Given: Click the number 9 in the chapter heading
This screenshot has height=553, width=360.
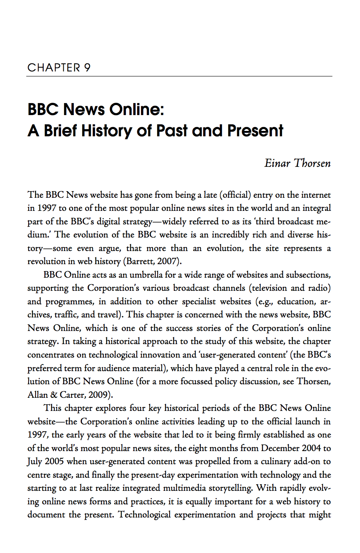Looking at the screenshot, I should point(87,68).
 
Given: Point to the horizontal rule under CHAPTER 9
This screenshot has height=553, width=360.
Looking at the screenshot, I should point(179,76).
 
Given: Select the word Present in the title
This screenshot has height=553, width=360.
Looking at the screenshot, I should point(255,131).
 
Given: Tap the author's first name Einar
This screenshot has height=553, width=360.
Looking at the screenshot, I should point(277,163).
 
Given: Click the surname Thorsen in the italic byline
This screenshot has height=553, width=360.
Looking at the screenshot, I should point(312,163).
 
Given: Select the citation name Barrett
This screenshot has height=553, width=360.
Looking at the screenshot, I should point(139,261).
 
